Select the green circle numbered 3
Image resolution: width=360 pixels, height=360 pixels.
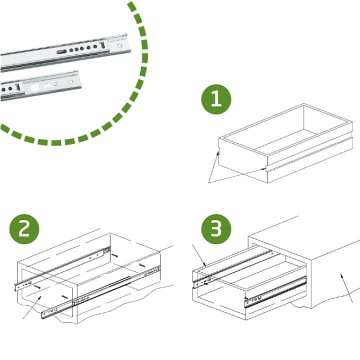[216, 229]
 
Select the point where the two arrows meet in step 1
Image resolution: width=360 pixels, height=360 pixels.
[209, 183]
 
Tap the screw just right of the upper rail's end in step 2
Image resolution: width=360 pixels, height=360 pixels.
[114, 255]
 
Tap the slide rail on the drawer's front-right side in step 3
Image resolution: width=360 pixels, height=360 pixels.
[275, 291]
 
